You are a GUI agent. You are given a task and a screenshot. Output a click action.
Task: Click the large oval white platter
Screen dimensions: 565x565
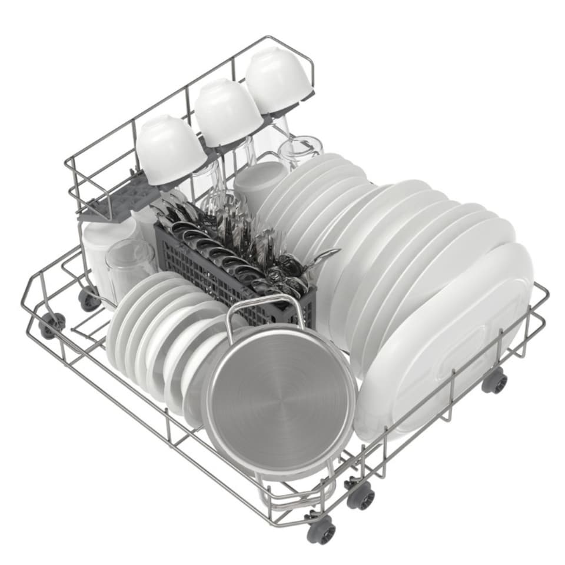point(447,347)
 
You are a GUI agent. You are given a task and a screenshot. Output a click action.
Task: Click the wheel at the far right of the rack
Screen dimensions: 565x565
point(495,383)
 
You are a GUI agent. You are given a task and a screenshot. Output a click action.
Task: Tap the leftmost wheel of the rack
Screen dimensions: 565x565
point(52,324)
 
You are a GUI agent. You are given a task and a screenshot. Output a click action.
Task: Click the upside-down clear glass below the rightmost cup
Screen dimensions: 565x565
point(300,150)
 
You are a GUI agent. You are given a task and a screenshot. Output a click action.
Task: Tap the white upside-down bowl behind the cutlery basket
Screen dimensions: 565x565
point(259,182)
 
